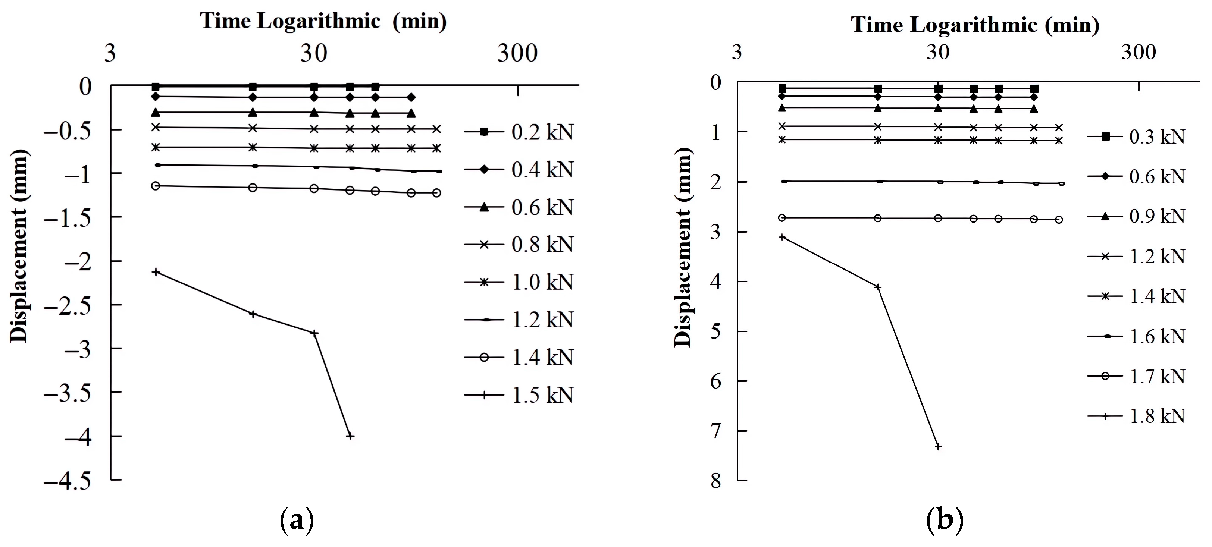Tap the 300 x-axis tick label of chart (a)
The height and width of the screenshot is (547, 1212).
pos(517,53)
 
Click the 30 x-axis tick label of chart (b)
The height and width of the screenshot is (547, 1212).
pos(938,52)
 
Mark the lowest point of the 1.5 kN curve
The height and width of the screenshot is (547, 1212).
pos(350,436)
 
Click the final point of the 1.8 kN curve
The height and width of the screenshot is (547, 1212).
pos(938,446)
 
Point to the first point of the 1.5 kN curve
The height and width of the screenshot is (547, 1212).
pos(156,272)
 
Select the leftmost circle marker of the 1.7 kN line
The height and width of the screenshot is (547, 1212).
pos(782,218)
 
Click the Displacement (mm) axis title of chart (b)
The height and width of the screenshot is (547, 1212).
pos(682,247)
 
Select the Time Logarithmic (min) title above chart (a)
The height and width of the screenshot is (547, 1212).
pos(323,21)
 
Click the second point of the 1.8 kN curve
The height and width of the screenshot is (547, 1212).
pos(877,287)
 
